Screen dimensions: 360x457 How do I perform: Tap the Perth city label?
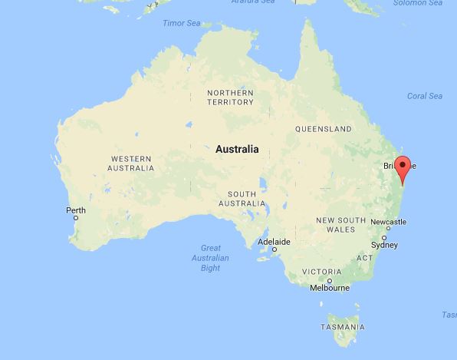click(x=76, y=210)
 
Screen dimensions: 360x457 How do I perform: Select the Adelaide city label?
click(x=274, y=242)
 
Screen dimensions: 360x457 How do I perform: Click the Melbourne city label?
click(x=330, y=288)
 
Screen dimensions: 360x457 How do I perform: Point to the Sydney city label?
click(x=384, y=245)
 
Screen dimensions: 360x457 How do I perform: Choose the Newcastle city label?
click(x=388, y=222)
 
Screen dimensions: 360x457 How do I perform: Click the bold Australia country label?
click(x=237, y=149)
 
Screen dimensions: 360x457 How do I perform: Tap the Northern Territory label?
click(x=230, y=97)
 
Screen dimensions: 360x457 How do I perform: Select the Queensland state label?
click(x=324, y=129)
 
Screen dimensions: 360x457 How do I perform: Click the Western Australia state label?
click(x=130, y=163)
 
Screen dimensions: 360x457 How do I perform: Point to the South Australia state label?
click(x=241, y=198)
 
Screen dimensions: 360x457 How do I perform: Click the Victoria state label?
click(x=322, y=272)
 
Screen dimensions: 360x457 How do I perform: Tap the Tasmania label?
click(x=343, y=327)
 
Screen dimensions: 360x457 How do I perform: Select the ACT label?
click(x=364, y=257)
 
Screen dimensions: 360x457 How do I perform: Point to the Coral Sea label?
click(x=425, y=96)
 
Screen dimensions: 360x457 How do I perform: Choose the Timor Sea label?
click(x=181, y=23)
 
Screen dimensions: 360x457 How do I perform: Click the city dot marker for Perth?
click(x=76, y=218)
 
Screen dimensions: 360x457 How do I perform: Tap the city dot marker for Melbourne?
click(x=330, y=280)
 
